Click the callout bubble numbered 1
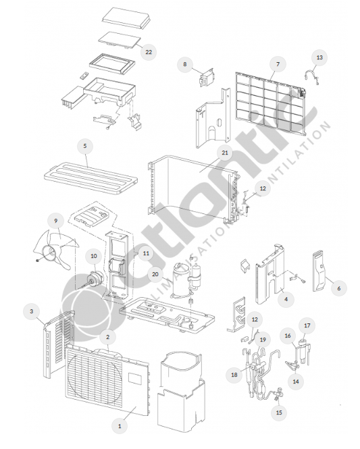120,426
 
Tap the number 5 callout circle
84,145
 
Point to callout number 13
319,59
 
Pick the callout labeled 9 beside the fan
57,219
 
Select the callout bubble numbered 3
30,311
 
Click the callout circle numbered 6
338,288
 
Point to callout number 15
278,411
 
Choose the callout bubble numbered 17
307,325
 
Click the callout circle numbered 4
286,298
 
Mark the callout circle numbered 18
234,373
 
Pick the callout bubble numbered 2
106,336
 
